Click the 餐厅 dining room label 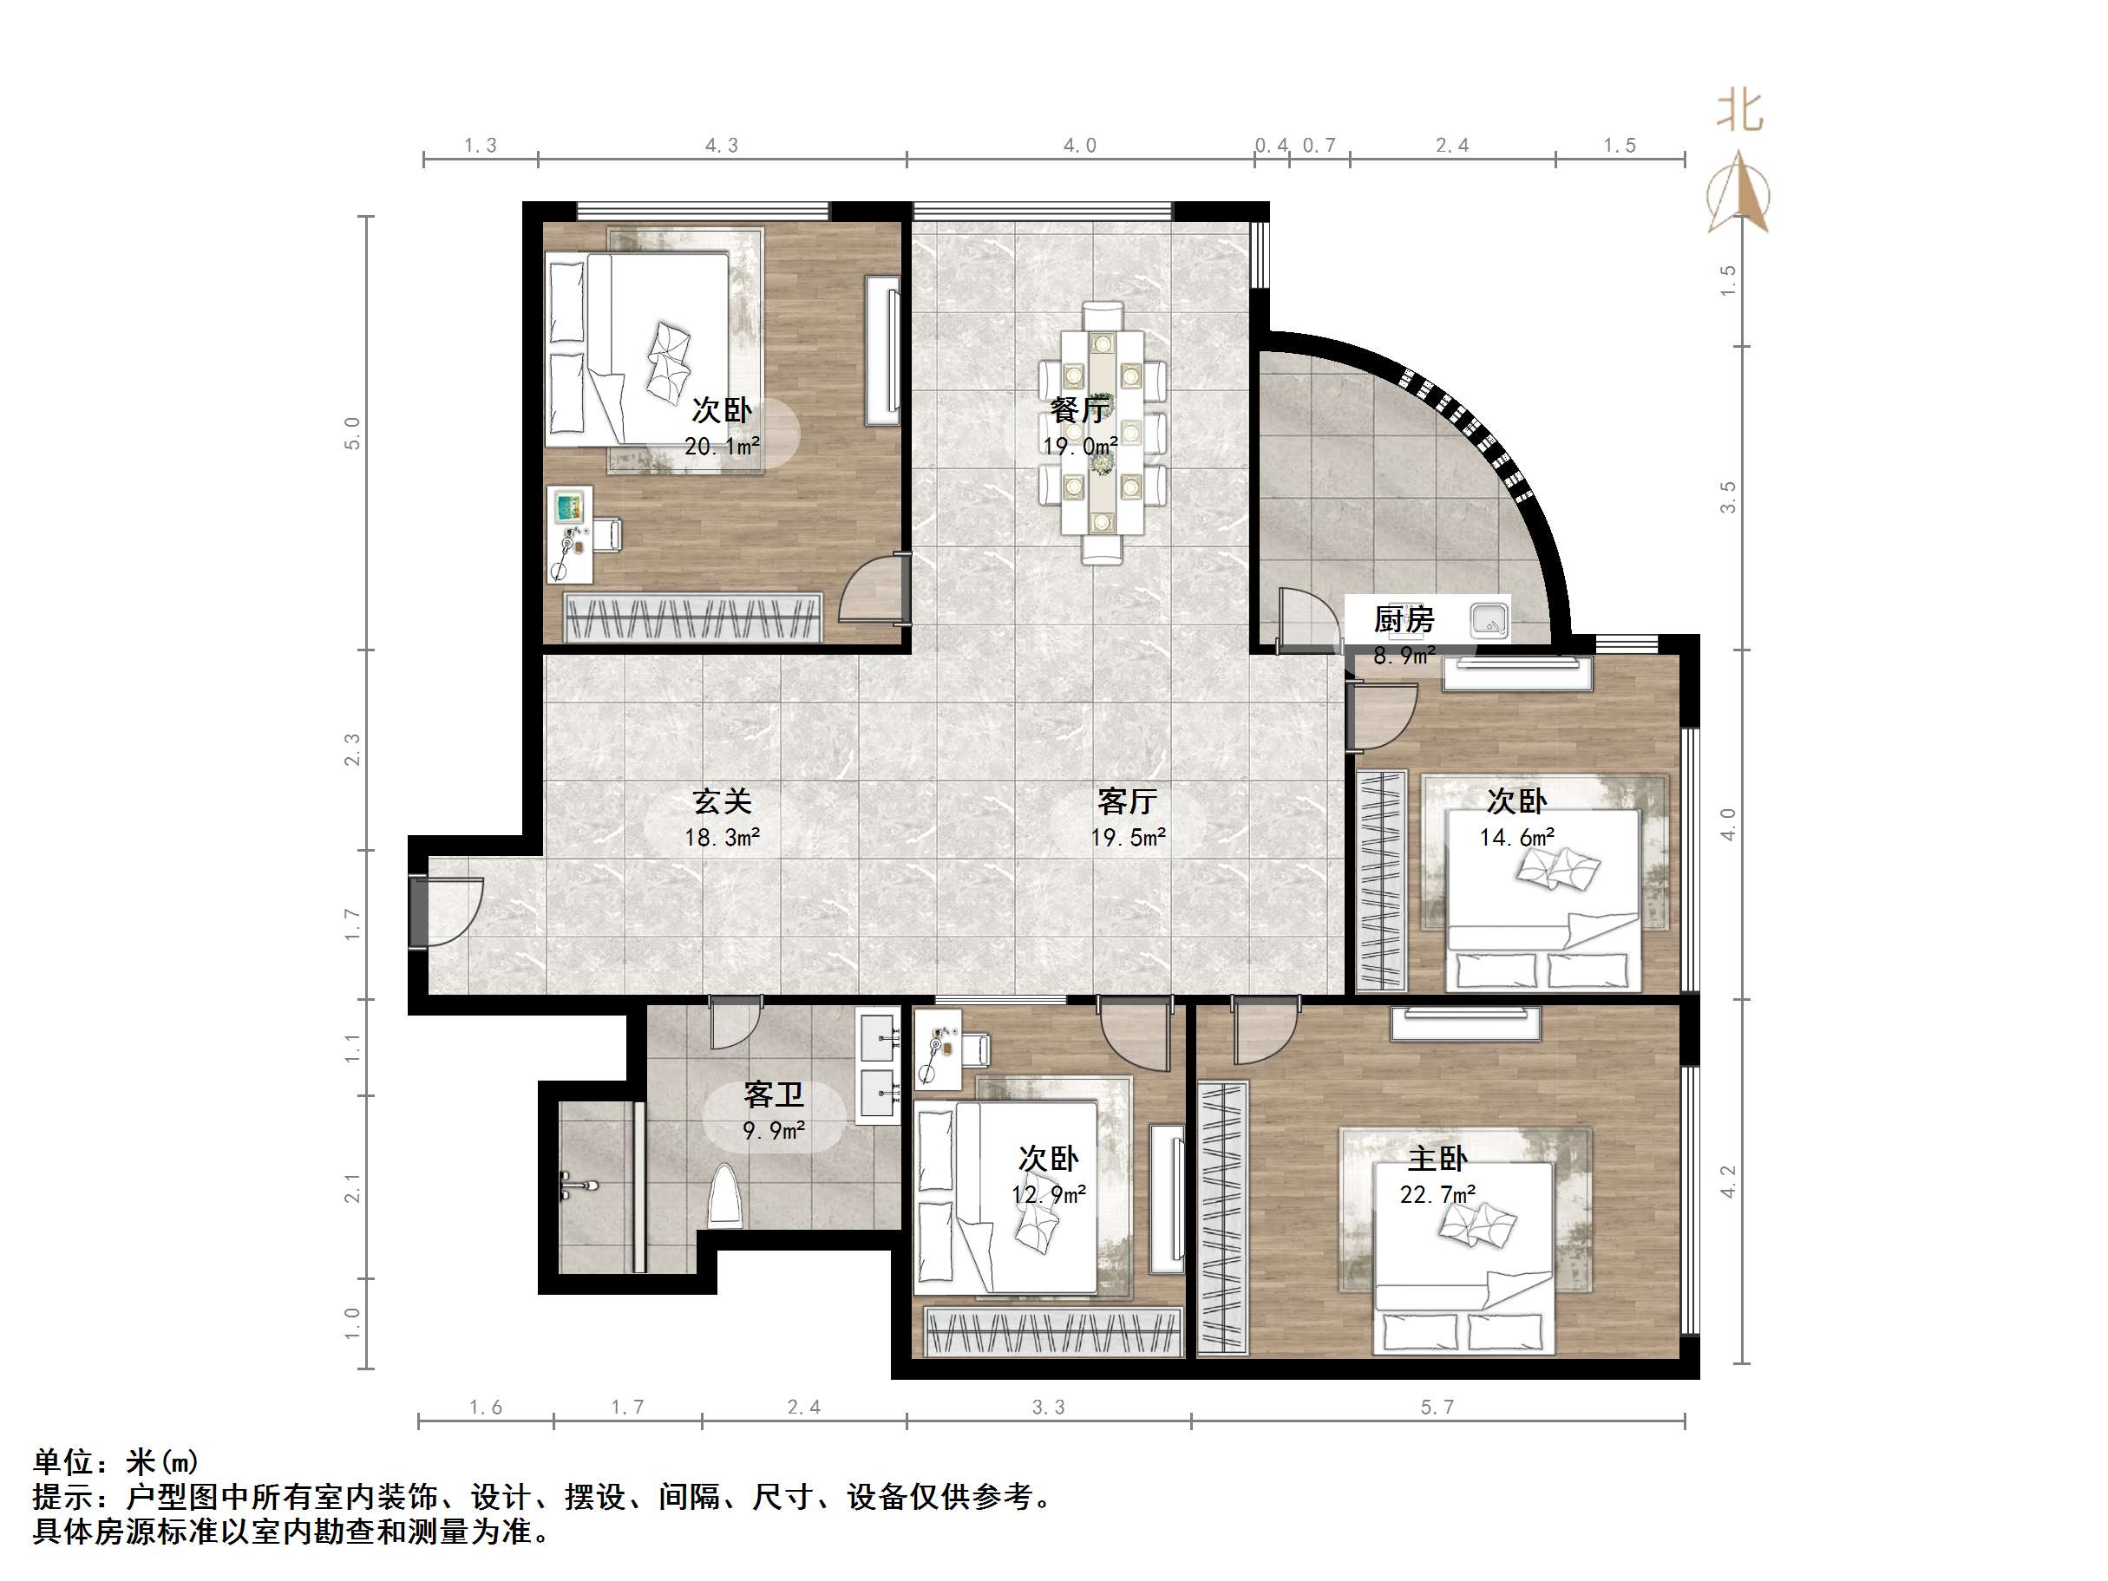coord(1080,411)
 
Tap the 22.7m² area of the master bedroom coord(1437,1195)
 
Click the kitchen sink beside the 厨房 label coord(1489,621)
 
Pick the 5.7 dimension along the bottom coord(1437,1408)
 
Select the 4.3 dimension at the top coord(722,146)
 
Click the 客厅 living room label coord(1128,801)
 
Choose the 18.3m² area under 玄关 coord(722,838)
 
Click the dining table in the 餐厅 coord(1102,434)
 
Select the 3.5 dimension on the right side coord(1728,498)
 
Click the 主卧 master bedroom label coord(1437,1159)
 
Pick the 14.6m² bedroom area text coord(1516,838)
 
